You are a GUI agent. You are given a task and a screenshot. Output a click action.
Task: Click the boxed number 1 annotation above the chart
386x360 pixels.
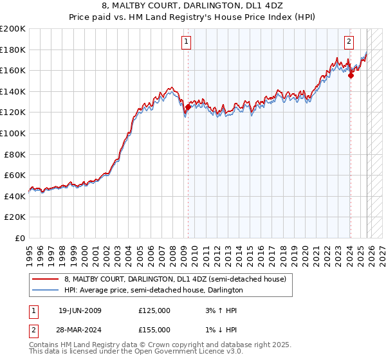(186, 42)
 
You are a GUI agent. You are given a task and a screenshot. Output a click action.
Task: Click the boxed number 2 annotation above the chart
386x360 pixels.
(349, 42)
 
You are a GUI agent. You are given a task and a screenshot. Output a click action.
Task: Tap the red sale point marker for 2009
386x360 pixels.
(188, 107)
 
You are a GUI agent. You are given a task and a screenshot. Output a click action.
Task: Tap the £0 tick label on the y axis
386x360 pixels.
(19, 238)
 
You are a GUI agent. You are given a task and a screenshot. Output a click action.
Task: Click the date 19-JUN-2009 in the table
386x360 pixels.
(80, 310)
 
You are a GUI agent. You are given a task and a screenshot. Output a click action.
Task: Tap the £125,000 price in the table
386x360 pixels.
(154, 310)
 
